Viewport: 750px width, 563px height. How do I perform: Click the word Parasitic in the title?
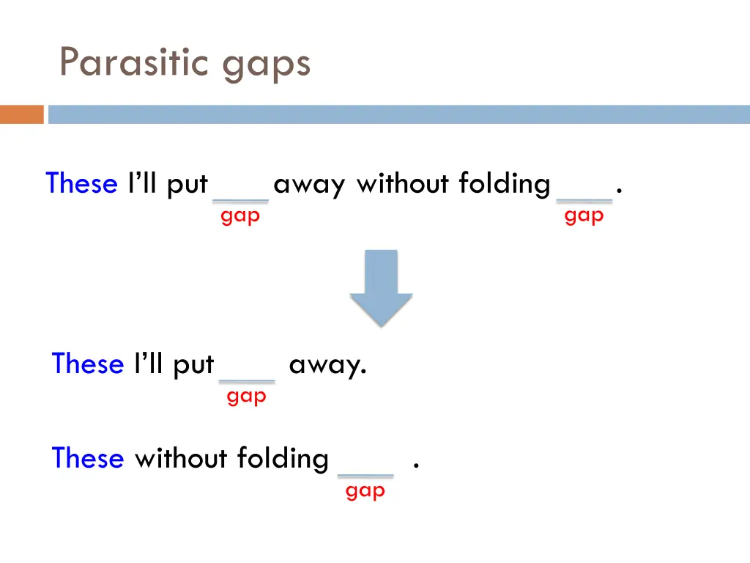(136, 62)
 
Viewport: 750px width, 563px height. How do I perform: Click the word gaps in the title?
(267, 65)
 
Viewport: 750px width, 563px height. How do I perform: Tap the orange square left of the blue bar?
(22, 114)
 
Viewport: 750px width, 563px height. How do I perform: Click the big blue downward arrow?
(381, 287)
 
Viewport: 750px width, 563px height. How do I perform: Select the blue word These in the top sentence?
(81, 183)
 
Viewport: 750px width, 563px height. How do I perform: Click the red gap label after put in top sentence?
(240, 216)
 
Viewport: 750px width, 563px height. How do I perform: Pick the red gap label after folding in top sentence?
(584, 216)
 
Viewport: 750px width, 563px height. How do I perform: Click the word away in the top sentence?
(309, 184)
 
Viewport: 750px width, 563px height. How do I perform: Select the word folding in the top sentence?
(505, 184)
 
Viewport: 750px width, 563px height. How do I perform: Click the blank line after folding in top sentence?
(584, 200)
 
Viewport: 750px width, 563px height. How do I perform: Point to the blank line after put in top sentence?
(240, 200)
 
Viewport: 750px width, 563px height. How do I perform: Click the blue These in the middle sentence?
(88, 364)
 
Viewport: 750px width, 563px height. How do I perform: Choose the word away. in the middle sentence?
(327, 364)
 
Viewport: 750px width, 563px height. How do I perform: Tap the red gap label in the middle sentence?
(247, 397)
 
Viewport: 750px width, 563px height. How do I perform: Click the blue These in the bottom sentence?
(88, 458)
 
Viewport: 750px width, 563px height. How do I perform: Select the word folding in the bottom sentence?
(283, 460)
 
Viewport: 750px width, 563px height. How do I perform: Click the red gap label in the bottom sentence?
(365, 492)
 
